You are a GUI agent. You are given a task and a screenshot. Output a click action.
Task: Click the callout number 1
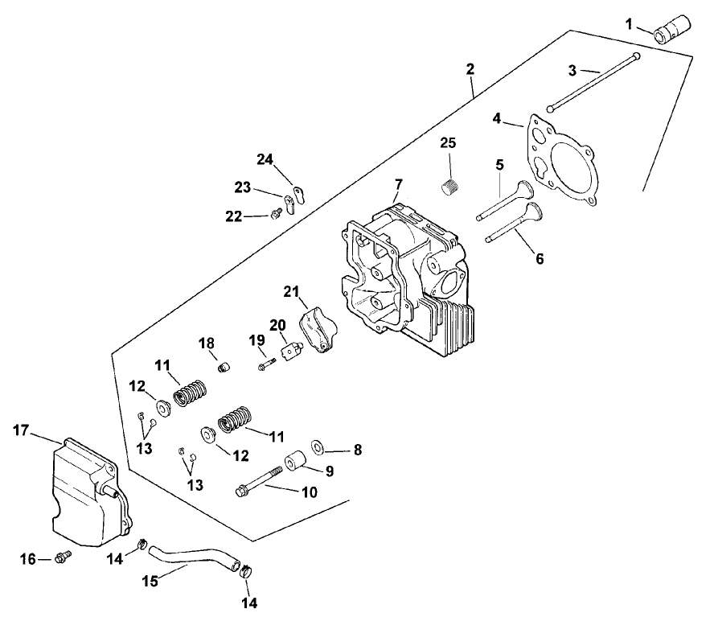(x=629, y=24)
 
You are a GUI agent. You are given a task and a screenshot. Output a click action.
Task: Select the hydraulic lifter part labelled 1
(x=672, y=30)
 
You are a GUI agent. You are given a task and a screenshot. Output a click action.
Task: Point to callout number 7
(x=399, y=185)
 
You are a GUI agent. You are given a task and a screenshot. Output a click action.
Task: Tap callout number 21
(x=291, y=291)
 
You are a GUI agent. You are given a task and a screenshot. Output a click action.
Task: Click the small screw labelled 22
(x=274, y=214)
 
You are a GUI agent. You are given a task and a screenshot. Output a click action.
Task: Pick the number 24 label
(x=265, y=159)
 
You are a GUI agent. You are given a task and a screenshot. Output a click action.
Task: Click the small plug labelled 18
(x=224, y=366)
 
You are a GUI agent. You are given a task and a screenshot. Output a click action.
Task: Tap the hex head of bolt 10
(x=241, y=492)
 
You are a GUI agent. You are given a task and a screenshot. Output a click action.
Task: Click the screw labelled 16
(x=64, y=556)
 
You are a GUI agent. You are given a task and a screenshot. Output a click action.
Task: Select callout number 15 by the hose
(x=150, y=581)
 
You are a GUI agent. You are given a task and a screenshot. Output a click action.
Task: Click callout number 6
(x=540, y=259)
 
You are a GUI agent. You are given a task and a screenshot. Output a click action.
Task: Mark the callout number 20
(x=277, y=325)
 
